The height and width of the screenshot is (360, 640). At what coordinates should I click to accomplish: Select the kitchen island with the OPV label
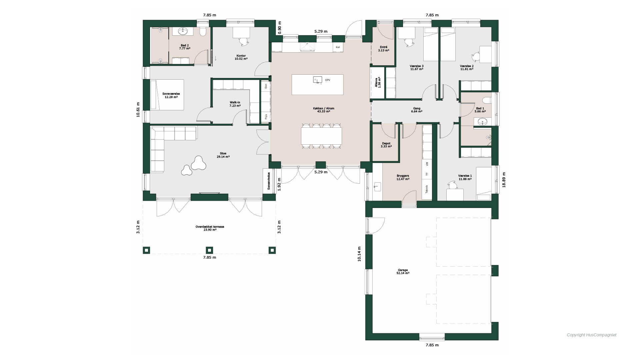pos(317,85)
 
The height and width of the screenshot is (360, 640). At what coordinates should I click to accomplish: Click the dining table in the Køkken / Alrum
pos(321,136)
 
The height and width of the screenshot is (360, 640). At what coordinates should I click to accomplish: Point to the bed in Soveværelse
pos(167,95)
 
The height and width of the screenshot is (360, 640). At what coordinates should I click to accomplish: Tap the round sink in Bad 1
pos(482,122)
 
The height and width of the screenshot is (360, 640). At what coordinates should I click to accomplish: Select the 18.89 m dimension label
pos(504,180)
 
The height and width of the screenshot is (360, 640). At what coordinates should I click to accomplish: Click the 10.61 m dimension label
pos(138,110)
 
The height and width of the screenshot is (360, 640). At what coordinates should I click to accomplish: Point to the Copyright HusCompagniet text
pos(591,335)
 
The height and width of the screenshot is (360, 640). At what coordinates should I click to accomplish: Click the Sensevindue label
pos(269,181)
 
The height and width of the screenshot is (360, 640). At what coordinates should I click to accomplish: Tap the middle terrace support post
pos(209,250)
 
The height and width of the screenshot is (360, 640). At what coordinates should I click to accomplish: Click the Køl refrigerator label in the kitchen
pos(338,47)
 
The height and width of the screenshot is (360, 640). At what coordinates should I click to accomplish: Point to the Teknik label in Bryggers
pos(427,189)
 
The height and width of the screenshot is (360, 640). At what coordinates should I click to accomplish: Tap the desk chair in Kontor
pos(244,41)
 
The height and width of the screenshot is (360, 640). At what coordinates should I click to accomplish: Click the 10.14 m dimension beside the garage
pos(359,254)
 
